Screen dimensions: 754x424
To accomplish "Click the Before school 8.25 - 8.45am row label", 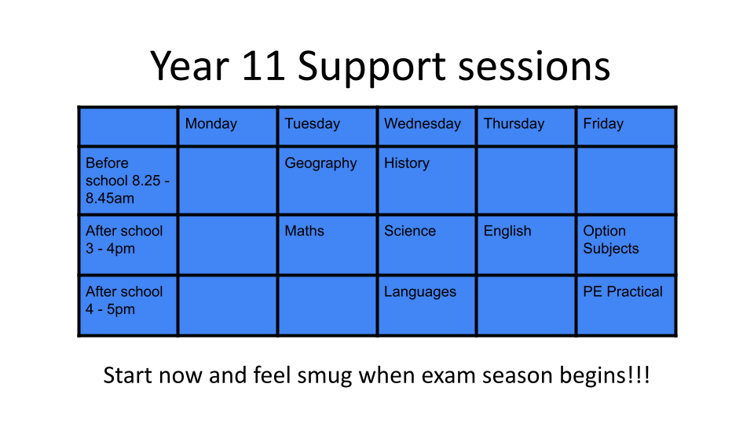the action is [127, 181].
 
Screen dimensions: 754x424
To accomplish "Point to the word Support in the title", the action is [372, 68].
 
